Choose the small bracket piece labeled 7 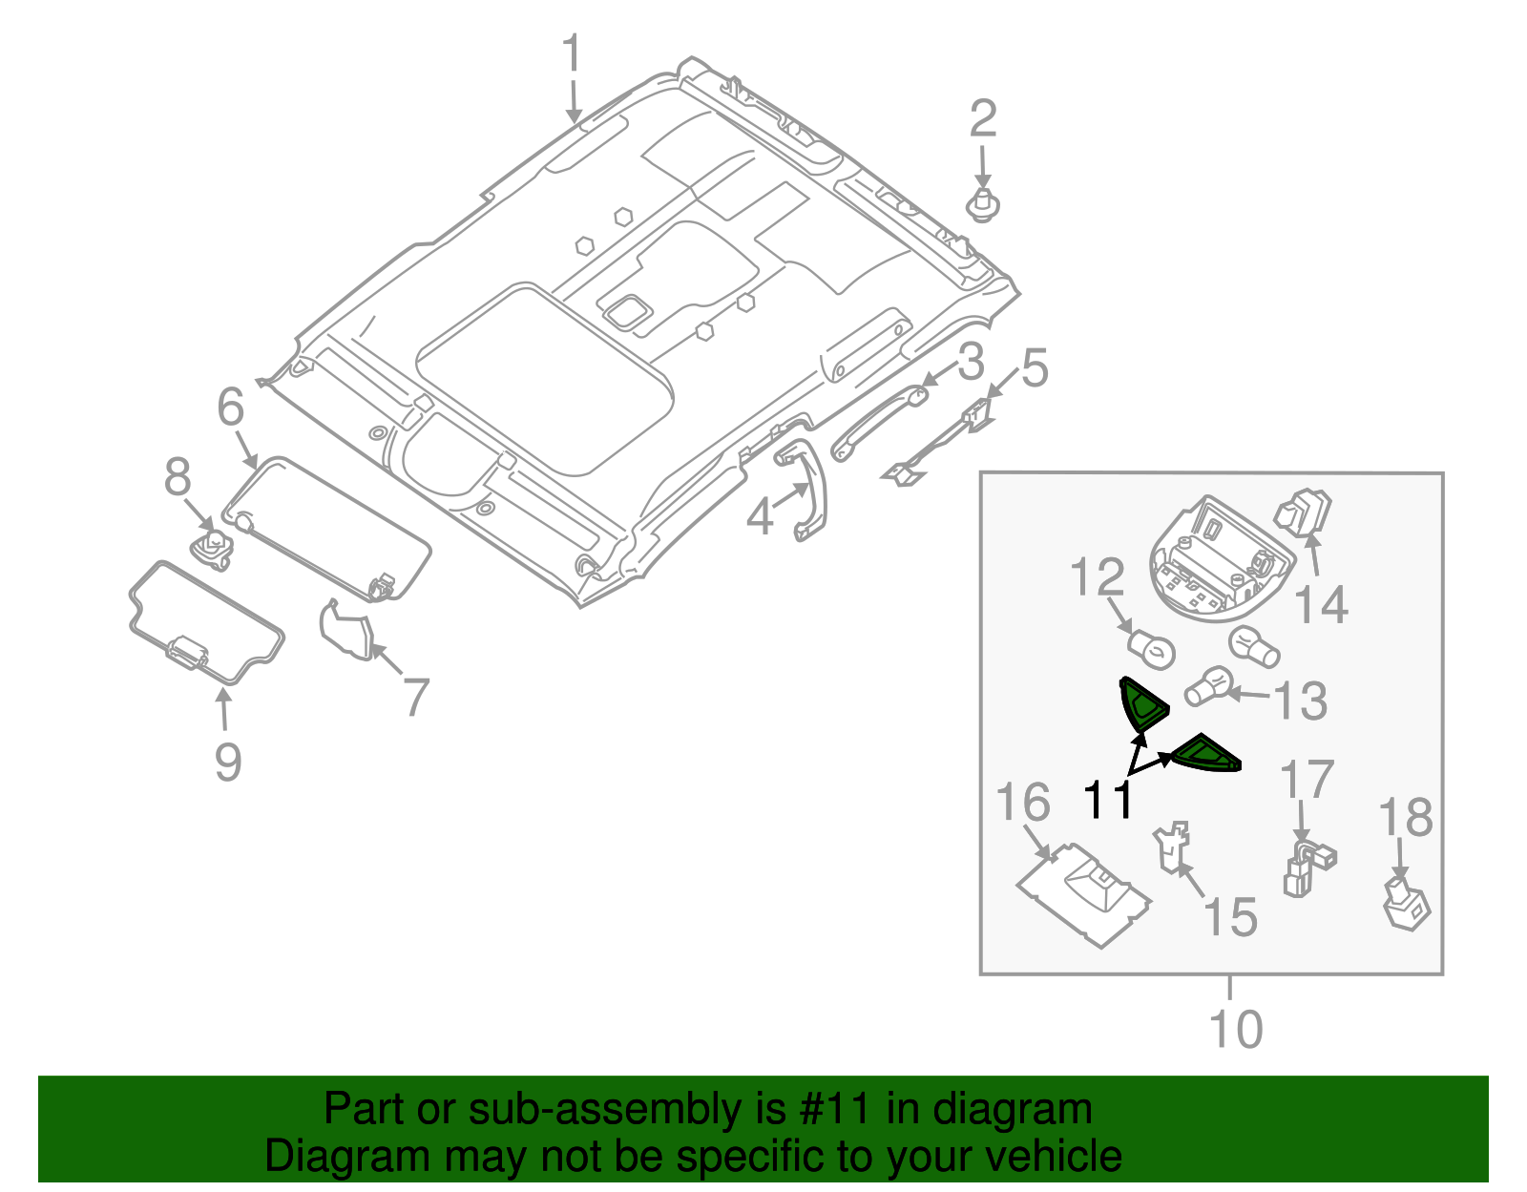point(346,631)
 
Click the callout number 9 point(227,762)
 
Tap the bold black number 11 point(1108,800)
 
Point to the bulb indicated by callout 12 point(1152,650)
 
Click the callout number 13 point(1301,701)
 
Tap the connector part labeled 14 point(1304,512)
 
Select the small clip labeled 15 point(1172,846)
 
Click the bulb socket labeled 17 point(1307,865)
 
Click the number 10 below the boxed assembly point(1235,1029)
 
